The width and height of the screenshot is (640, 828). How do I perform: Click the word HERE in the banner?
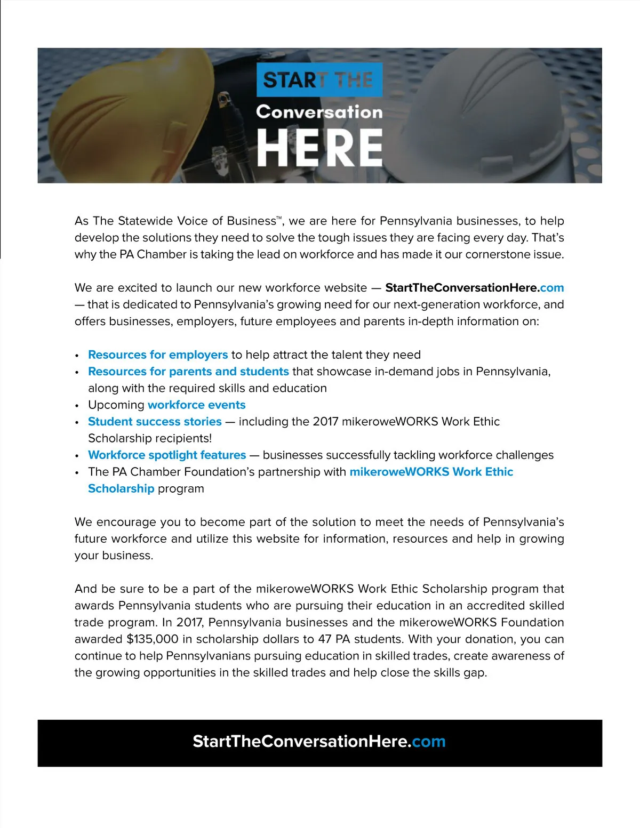click(x=319, y=148)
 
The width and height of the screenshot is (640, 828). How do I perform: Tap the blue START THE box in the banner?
click(x=319, y=80)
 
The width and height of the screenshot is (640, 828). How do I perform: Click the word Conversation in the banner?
click(x=319, y=112)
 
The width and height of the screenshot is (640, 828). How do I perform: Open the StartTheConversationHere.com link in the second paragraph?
click(x=474, y=288)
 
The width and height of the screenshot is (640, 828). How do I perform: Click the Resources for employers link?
click(x=158, y=355)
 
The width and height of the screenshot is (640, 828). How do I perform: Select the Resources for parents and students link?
click(x=188, y=372)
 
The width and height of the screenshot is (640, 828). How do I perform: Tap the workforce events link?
click(x=196, y=405)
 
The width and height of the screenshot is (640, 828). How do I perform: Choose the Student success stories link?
click(x=155, y=422)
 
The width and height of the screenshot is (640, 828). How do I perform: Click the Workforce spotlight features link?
click(x=167, y=455)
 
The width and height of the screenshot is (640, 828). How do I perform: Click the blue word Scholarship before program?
click(x=121, y=489)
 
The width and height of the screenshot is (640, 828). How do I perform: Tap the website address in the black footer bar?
click(x=319, y=742)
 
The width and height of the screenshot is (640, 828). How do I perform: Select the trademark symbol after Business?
click(x=279, y=218)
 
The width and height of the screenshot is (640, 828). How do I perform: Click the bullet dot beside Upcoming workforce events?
click(x=77, y=406)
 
